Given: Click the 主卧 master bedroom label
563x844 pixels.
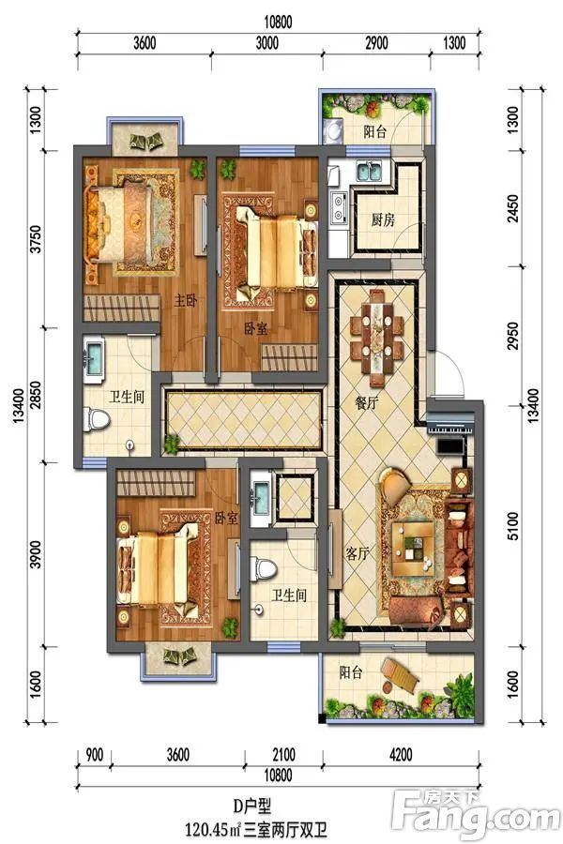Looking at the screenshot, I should (x=184, y=301).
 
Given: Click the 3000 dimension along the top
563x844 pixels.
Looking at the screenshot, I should (x=268, y=44).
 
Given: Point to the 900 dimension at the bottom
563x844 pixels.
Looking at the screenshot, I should (x=95, y=753).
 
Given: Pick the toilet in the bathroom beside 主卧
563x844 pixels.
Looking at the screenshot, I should (x=97, y=419).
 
